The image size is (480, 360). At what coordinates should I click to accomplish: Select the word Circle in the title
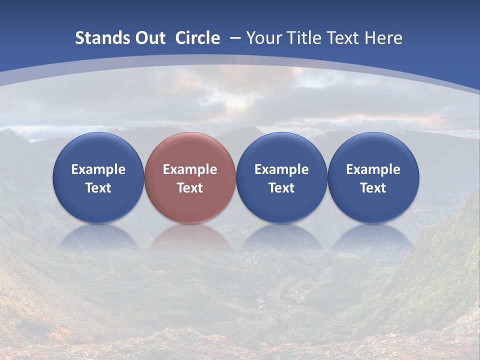(197, 38)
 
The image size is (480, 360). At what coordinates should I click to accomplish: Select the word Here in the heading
(383, 38)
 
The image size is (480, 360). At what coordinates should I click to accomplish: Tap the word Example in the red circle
(190, 169)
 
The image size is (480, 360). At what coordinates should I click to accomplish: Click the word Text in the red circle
(190, 188)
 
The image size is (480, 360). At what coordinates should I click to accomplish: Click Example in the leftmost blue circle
(98, 169)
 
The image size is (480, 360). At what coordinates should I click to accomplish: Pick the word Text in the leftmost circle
(98, 188)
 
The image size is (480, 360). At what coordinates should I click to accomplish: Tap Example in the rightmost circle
(373, 169)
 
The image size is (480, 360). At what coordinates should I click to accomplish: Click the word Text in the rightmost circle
(373, 188)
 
